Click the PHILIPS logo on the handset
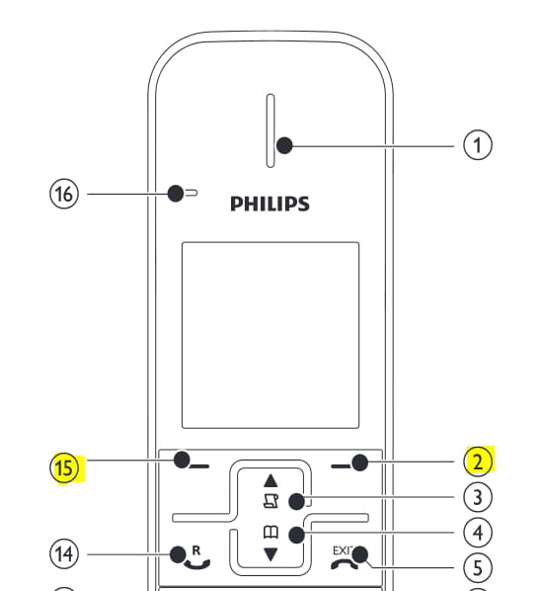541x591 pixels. (270, 204)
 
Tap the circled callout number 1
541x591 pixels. (478, 145)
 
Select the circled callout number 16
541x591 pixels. (64, 194)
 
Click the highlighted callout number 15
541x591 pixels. (64, 467)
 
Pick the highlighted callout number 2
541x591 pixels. (478, 462)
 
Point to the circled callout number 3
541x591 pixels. (478, 497)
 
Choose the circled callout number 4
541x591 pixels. (478, 533)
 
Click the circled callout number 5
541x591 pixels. (478, 567)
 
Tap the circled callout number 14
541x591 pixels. (64, 554)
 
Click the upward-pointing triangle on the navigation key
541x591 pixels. (270, 480)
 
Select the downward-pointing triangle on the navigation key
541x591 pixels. (270, 554)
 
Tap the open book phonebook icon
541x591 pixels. (270, 533)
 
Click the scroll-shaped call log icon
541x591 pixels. (270, 501)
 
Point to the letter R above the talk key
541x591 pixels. (196, 550)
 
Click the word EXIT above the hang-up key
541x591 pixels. (343, 550)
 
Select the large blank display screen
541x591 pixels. (270, 335)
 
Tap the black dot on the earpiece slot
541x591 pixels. (284, 145)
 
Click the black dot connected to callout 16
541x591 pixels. (176, 194)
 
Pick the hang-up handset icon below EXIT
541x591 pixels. (345, 564)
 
